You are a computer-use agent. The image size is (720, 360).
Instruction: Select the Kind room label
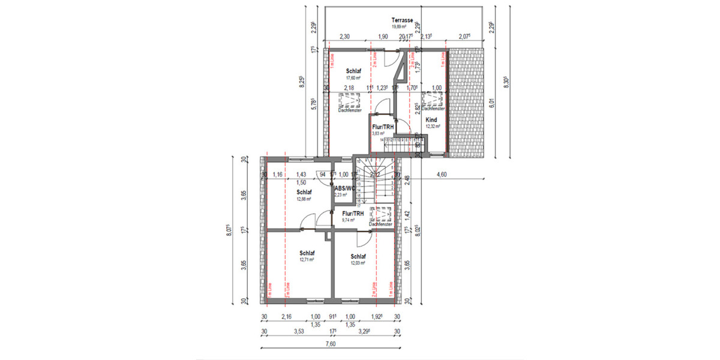(x=431, y=120)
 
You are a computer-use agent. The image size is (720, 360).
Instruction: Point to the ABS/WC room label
(x=345, y=188)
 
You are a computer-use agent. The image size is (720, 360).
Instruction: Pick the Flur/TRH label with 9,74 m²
(x=352, y=214)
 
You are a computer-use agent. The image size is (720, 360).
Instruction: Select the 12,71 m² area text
(x=307, y=261)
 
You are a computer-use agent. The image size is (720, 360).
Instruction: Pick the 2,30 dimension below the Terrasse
(x=344, y=37)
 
